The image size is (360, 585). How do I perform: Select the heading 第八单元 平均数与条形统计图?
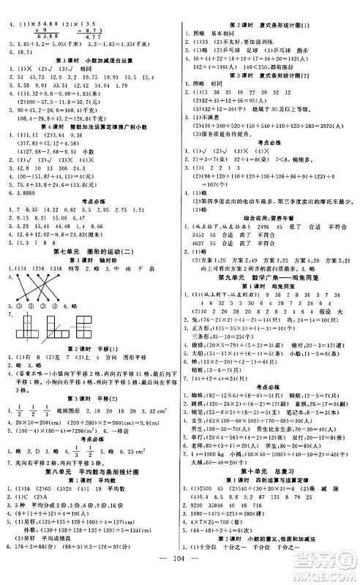tap(90, 454)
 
